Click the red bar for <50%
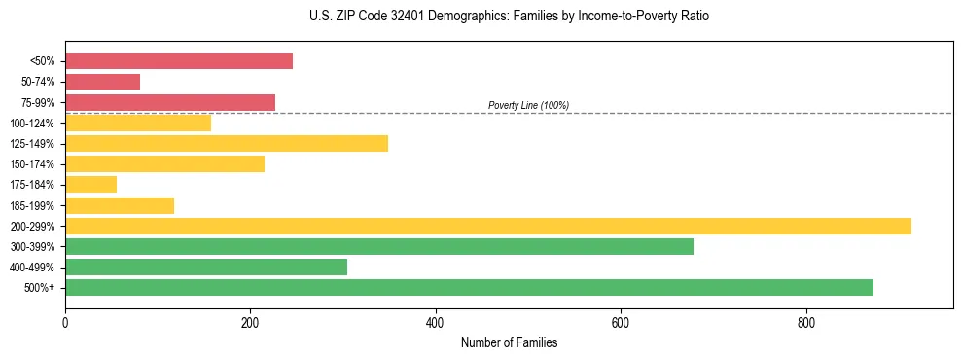[179, 61]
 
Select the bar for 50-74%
[102, 82]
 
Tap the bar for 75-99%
[170, 102]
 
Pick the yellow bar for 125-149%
[227, 144]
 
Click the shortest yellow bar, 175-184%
[90, 185]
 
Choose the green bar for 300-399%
[379, 246]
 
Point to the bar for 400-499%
[206, 267]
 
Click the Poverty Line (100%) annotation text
[528, 105]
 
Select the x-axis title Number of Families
[509, 342]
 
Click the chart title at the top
[509, 17]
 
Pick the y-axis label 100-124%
[32, 124]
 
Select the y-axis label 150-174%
[32, 164]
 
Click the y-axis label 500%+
[40, 288]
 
